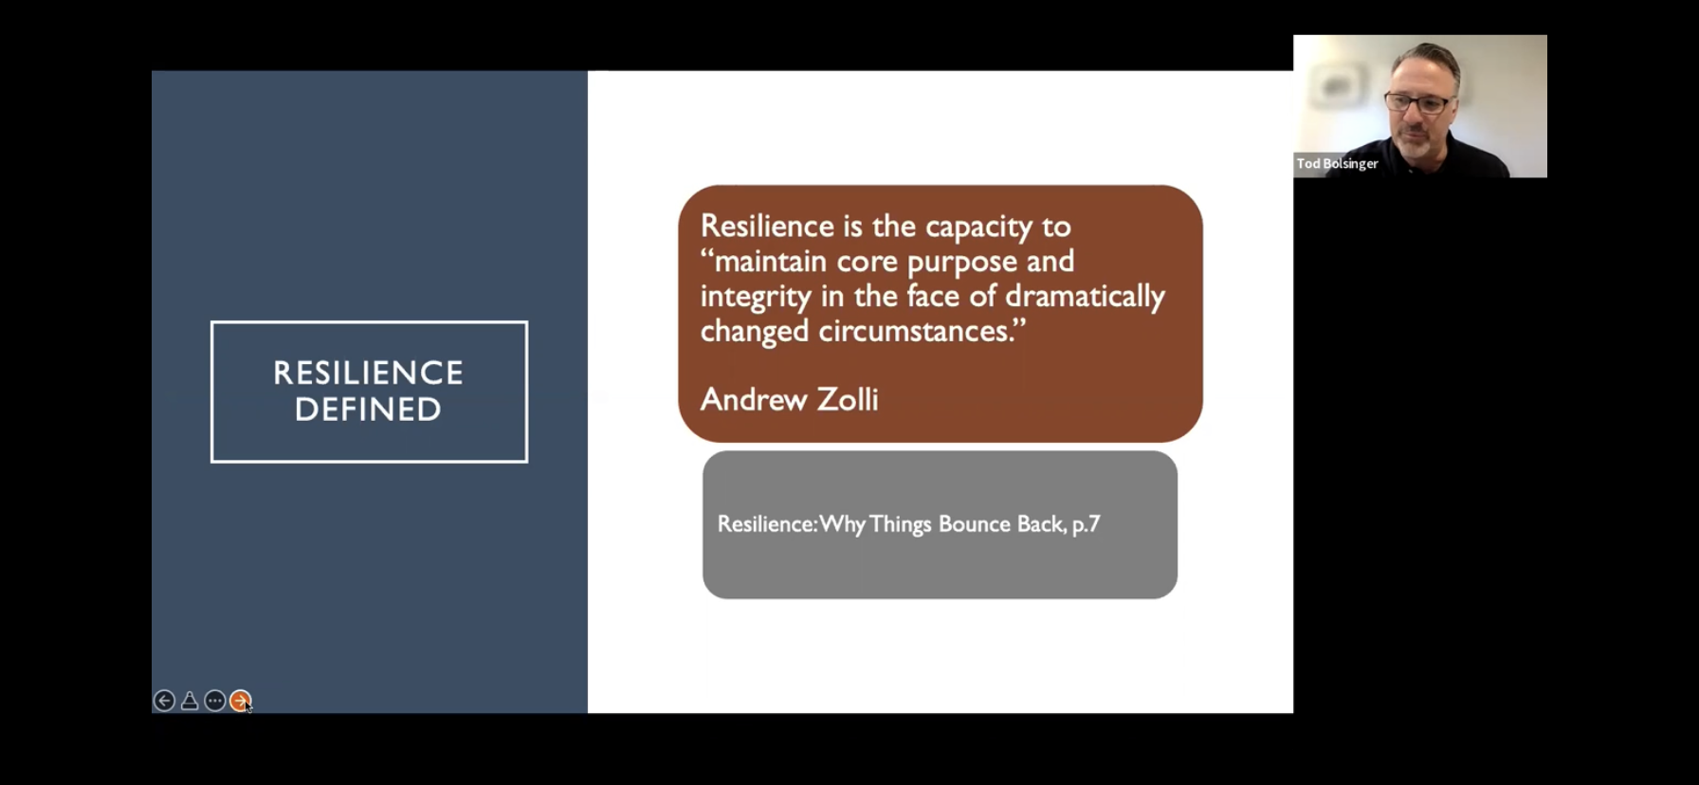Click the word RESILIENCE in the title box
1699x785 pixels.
368,373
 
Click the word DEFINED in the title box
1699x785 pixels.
368,410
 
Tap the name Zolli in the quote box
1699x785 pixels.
848,399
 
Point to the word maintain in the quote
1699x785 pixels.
770,261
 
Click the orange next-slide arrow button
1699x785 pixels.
241,701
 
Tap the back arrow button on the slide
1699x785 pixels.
164,701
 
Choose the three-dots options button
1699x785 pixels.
215,701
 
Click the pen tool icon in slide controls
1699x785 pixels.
190,701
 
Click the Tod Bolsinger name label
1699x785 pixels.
1337,164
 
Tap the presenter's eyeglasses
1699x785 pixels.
1418,101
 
